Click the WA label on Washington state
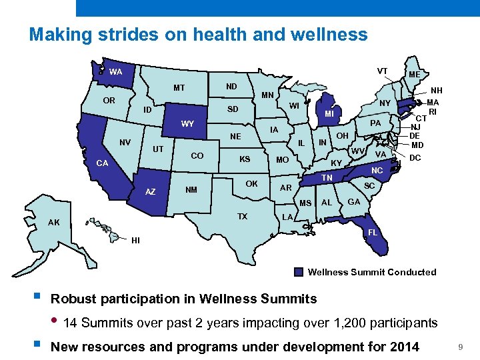coord(115,72)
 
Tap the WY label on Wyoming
coord(187,124)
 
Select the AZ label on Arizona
coord(151,192)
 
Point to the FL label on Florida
coord(373,233)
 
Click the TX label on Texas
coord(243,217)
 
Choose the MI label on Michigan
coord(329,114)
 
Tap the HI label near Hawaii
coord(135,240)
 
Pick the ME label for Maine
coord(414,75)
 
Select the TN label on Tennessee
coord(327,178)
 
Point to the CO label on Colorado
coord(197,155)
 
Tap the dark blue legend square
coord(299,272)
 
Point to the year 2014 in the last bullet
coord(403,347)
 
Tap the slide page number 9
coord(460,347)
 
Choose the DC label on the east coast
coord(415,158)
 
